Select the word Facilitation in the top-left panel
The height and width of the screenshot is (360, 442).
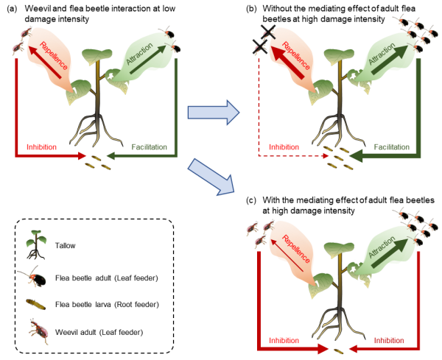150,147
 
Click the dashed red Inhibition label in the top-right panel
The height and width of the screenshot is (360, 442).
283,147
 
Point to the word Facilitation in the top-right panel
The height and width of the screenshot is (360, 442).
391,147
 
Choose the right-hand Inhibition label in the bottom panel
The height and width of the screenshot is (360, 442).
388,341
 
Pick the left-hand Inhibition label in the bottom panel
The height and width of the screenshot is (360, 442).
283,341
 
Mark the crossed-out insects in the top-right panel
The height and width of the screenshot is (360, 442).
264,38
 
